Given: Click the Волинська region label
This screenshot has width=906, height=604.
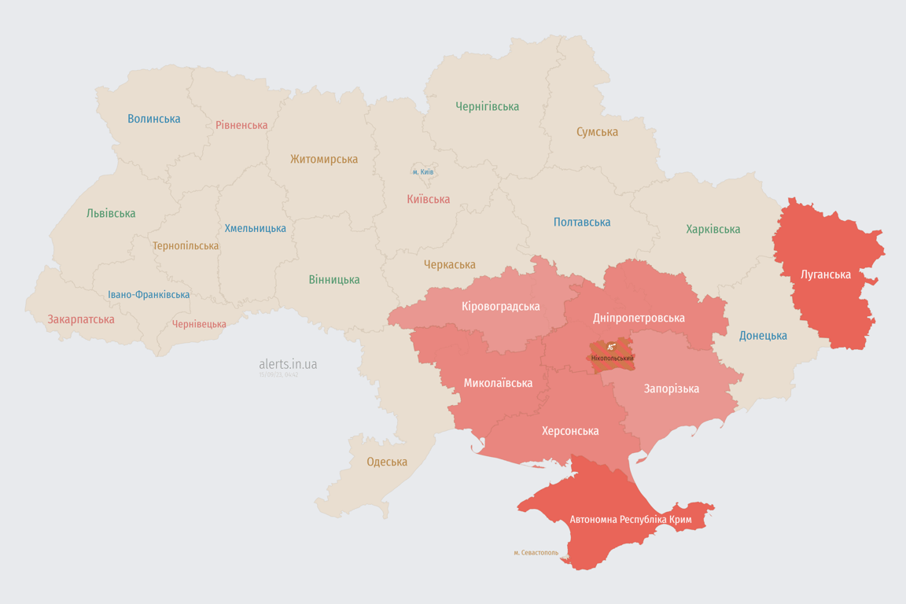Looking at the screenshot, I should pyautogui.click(x=154, y=119).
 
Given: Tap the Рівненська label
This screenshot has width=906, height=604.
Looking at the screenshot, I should pyautogui.click(x=241, y=125).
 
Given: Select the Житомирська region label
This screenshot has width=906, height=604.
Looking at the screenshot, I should pyautogui.click(x=323, y=159).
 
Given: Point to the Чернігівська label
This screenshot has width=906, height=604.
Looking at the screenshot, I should pyautogui.click(x=487, y=106).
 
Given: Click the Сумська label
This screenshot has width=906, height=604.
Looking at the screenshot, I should pyautogui.click(x=597, y=132).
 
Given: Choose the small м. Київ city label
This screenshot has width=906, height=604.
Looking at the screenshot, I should pyautogui.click(x=423, y=171).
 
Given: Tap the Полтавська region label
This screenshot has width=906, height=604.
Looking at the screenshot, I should pyautogui.click(x=582, y=222).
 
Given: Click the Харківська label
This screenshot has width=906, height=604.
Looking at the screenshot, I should pyautogui.click(x=713, y=229).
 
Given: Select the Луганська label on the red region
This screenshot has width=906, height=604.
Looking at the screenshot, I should pyautogui.click(x=825, y=274).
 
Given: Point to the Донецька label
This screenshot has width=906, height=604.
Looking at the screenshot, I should pyautogui.click(x=763, y=336).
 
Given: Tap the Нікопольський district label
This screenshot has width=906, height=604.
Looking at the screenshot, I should pyautogui.click(x=612, y=358).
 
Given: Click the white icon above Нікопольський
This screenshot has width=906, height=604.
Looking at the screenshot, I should pyautogui.click(x=611, y=347).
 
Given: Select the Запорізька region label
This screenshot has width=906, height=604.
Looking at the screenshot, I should pyautogui.click(x=671, y=389).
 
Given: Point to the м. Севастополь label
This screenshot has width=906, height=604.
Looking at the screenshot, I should pyautogui.click(x=536, y=552).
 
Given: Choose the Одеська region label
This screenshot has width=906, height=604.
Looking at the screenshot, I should pyautogui.click(x=387, y=462).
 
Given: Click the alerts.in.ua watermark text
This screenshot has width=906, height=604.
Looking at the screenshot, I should pyautogui.click(x=288, y=364).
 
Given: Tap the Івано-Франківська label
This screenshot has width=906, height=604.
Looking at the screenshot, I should pyautogui.click(x=149, y=295).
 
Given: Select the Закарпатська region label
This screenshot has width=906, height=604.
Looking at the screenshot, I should pyautogui.click(x=81, y=319).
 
